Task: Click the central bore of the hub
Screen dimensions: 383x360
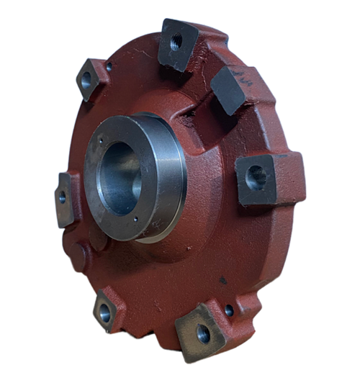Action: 120,176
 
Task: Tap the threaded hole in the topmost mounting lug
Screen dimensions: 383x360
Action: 176,42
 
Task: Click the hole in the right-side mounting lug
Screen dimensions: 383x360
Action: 256,176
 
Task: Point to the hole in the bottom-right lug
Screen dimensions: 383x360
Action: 203,333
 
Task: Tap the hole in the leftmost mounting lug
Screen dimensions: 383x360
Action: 63,196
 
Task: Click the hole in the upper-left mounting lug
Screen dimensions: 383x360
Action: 87,81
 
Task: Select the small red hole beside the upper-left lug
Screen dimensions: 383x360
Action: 109,66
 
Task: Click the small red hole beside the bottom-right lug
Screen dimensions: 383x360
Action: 229,311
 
